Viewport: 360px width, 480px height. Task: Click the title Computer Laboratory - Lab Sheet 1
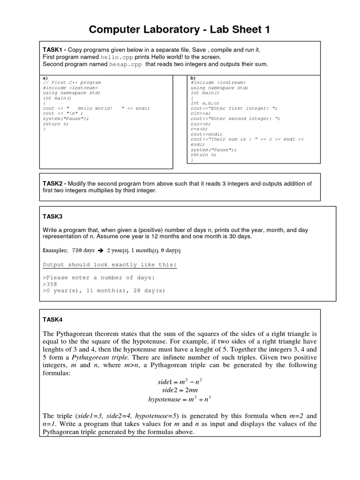180,30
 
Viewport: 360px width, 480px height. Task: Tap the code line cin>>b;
201,124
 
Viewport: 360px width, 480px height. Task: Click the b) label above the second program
193,77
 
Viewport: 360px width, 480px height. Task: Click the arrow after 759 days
99,251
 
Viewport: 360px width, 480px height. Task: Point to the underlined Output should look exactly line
110,264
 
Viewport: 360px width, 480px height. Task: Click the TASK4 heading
52,320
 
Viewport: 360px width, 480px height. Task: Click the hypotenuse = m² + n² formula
180,399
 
